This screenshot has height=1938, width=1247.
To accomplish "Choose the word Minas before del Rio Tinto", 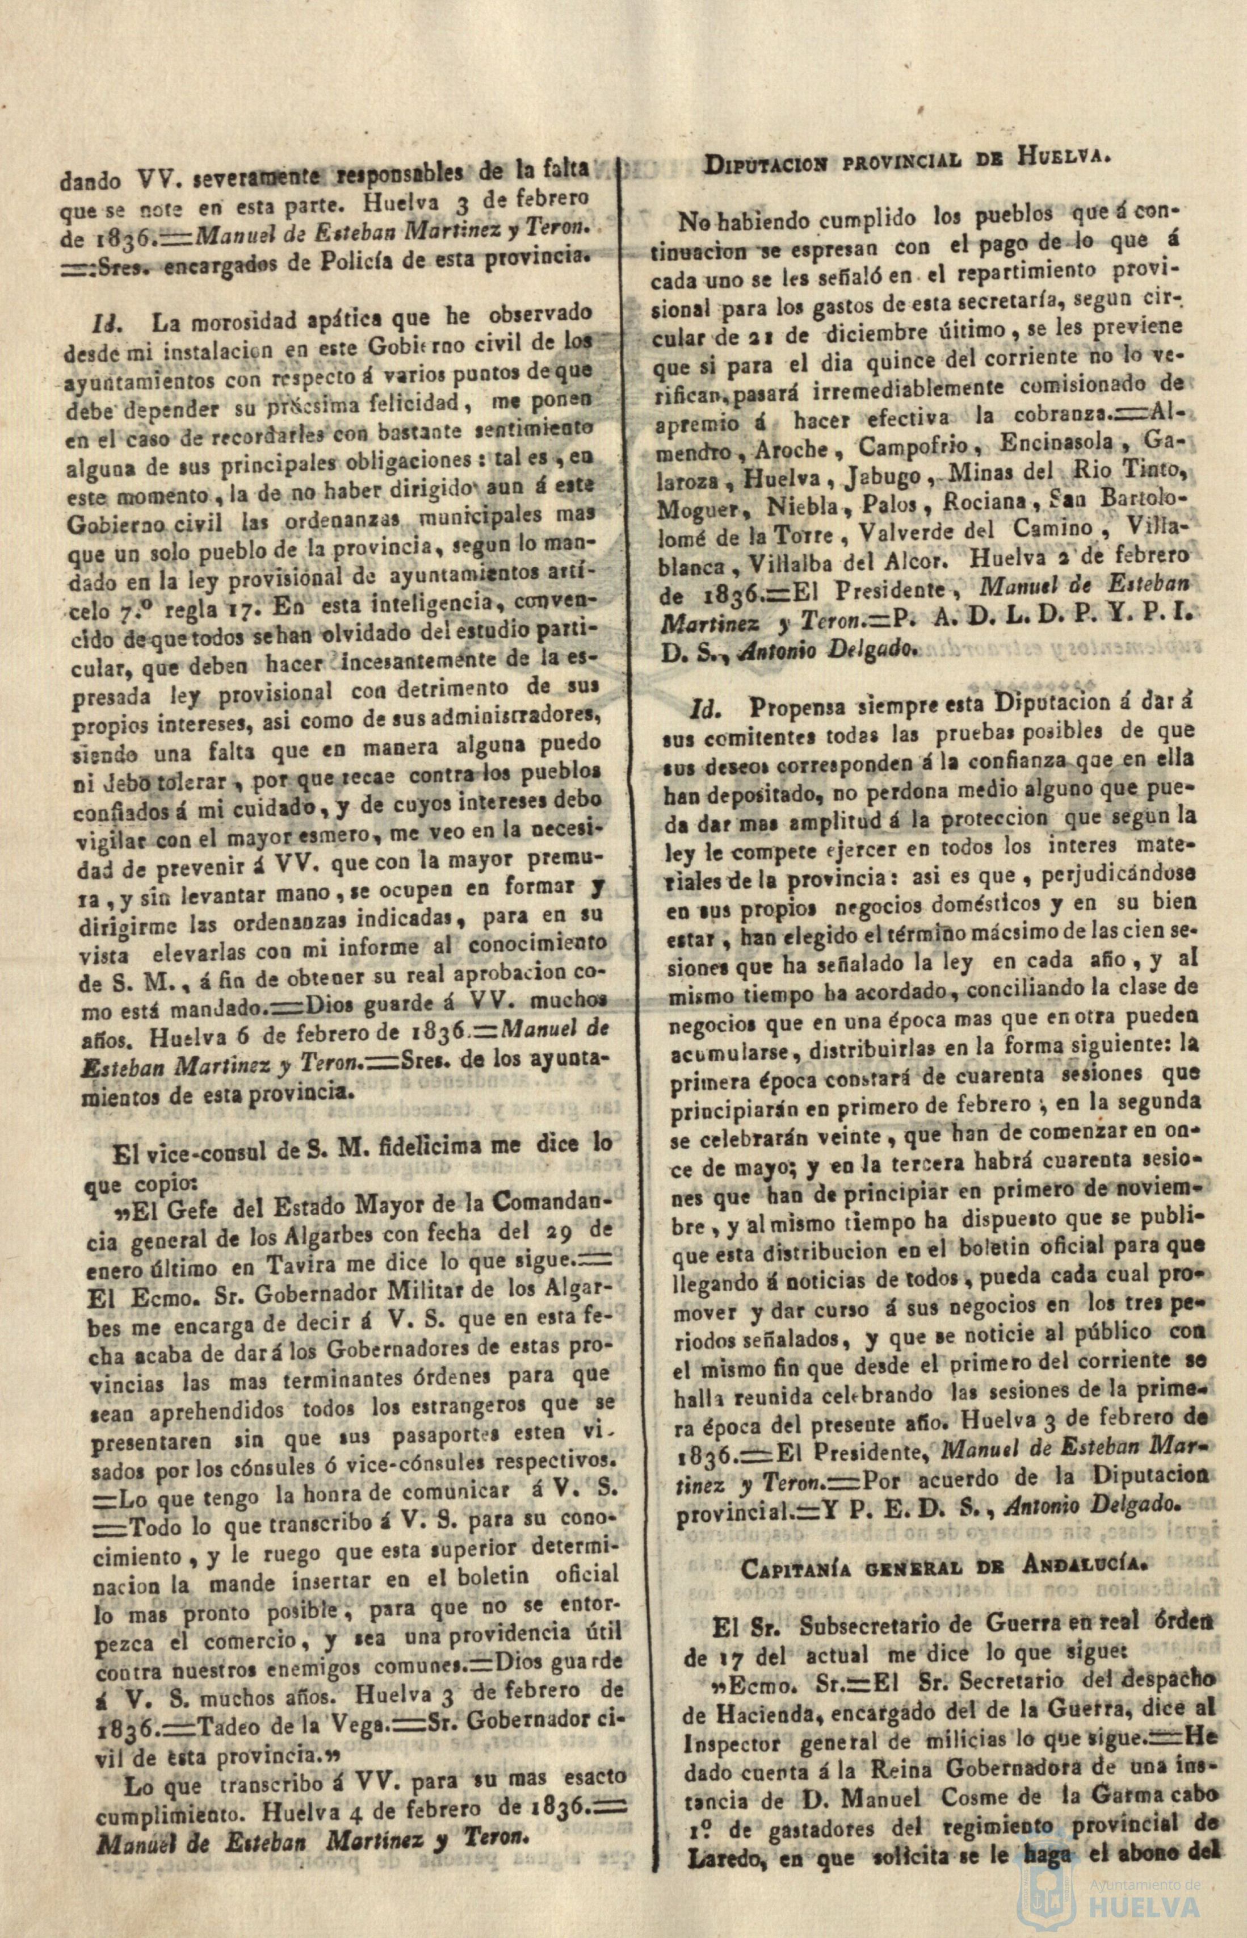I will [996, 473].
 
